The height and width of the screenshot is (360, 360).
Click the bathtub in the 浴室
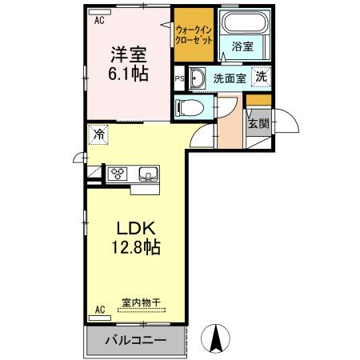click(245, 22)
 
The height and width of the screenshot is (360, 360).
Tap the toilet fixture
click(190, 107)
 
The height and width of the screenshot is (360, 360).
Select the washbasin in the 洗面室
click(197, 78)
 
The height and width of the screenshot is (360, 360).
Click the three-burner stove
click(118, 174)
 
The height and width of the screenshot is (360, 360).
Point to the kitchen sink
click(149, 174)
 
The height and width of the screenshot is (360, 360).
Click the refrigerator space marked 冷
click(98, 134)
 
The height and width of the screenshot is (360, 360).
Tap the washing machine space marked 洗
click(261, 77)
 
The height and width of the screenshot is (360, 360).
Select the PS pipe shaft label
click(179, 79)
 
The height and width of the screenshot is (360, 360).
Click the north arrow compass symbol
click(215, 338)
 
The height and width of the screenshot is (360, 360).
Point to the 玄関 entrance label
click(258, 123)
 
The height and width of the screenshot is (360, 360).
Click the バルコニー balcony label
click(135, 340)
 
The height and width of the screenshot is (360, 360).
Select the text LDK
click(136, 229)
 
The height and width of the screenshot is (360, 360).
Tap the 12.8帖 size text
click(136, 247)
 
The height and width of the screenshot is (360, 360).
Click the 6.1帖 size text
click(128, 74)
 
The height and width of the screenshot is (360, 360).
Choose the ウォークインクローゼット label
click(194, 35)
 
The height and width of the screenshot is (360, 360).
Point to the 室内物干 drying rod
click(142, 310)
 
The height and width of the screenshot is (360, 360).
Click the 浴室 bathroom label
click(242, 46)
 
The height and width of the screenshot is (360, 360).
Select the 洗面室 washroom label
click(230, 78)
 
